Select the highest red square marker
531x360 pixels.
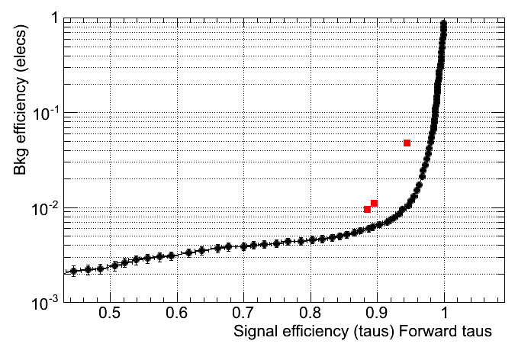(407, 143)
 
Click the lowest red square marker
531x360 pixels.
(368, 209)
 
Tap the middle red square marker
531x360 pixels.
(375, 203)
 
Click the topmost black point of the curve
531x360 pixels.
(444, 24)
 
